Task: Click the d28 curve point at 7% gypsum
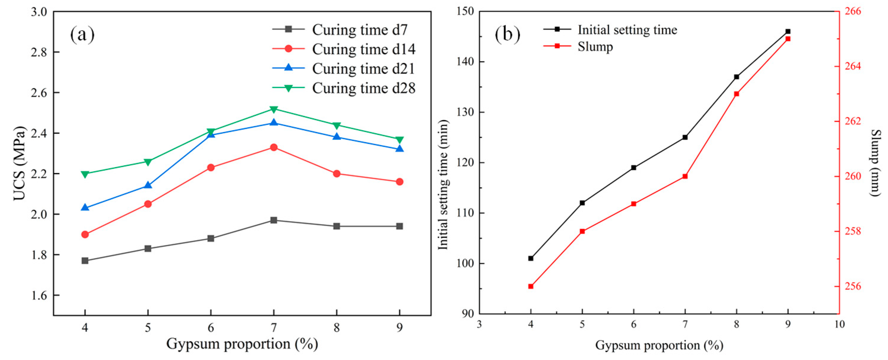click(274, 109)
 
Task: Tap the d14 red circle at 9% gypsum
click(399, 182)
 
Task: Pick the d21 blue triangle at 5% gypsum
click(148, 185)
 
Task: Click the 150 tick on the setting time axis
click(465, 11)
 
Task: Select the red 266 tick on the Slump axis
click(853, 11)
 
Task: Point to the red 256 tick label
click(853, 287)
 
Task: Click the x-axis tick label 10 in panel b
click(839, 325)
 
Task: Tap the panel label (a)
click(82, 34)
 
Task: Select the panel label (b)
click(507, 34)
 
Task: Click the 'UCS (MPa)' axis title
click(20, 163)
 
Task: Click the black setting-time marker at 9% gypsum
click(788, 32)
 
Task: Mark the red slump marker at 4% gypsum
click(531, 286)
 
